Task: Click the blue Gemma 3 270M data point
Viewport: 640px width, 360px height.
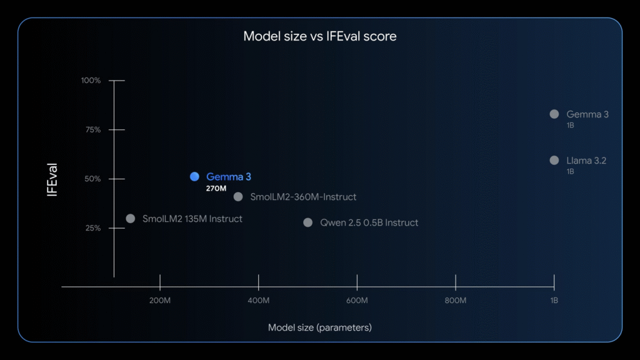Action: pyautogui.click(x=195, y=176)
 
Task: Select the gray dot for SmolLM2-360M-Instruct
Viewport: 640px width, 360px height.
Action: pyautogui.click(x=238, y=197)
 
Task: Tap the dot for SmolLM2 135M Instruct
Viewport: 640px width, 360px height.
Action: pyautogui.click(x=130, y=218)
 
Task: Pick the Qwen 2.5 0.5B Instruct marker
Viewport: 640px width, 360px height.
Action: pyautogui.click(x=307, y=222)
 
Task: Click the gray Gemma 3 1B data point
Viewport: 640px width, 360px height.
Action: pyautogui.click(x=554, y=114)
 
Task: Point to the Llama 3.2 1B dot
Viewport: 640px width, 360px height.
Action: pyautogui.click(x=554, y=161)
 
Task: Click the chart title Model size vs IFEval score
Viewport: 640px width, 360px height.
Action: pyautogui.click(x=319, y=36)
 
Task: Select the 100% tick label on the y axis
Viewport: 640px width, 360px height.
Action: pyautogui.click(x=91, y=81)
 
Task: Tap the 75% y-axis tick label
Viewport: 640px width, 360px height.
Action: pyautogui.click(x=93, y=130)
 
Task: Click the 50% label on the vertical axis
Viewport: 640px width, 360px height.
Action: pyautogui.click(x=92, y=179)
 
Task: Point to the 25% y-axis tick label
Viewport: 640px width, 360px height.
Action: pyautogui.click(x=93, y=227)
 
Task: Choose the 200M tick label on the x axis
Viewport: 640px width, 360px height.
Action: pyautogui.click(x=160, y=301)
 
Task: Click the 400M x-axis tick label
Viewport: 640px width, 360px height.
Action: pyautogui.click(x=258, y=301)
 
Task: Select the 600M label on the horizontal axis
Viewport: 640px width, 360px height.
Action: pyautogui.click(x=357, y=301)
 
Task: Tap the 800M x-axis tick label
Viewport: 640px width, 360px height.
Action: pyautogui.click(x=456, y=301)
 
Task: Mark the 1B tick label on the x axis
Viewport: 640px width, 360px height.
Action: pyautogui.click(x=554, y=301)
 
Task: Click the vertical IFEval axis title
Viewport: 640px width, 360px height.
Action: pyautogui.click(x=52, y=180)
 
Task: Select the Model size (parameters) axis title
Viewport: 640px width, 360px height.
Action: pyautogui.click(x=319, y=327)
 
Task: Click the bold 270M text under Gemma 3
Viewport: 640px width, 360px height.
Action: pyautogui.click(x=216, y=188)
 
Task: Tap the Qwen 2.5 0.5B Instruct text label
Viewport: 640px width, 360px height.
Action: pyautogui.click(x=369, y=222)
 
